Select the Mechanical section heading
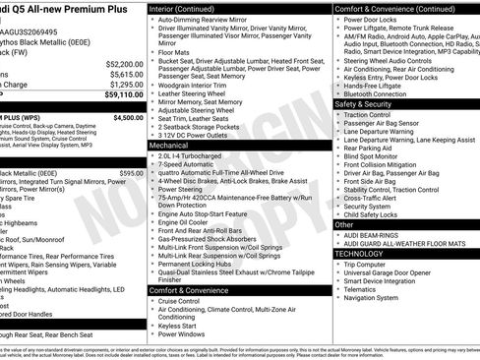click(x=169, y=145)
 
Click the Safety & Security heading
click(x=363, y=103)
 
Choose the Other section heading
click(x=344, y=224)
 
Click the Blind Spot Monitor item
click(x=371, y=155)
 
